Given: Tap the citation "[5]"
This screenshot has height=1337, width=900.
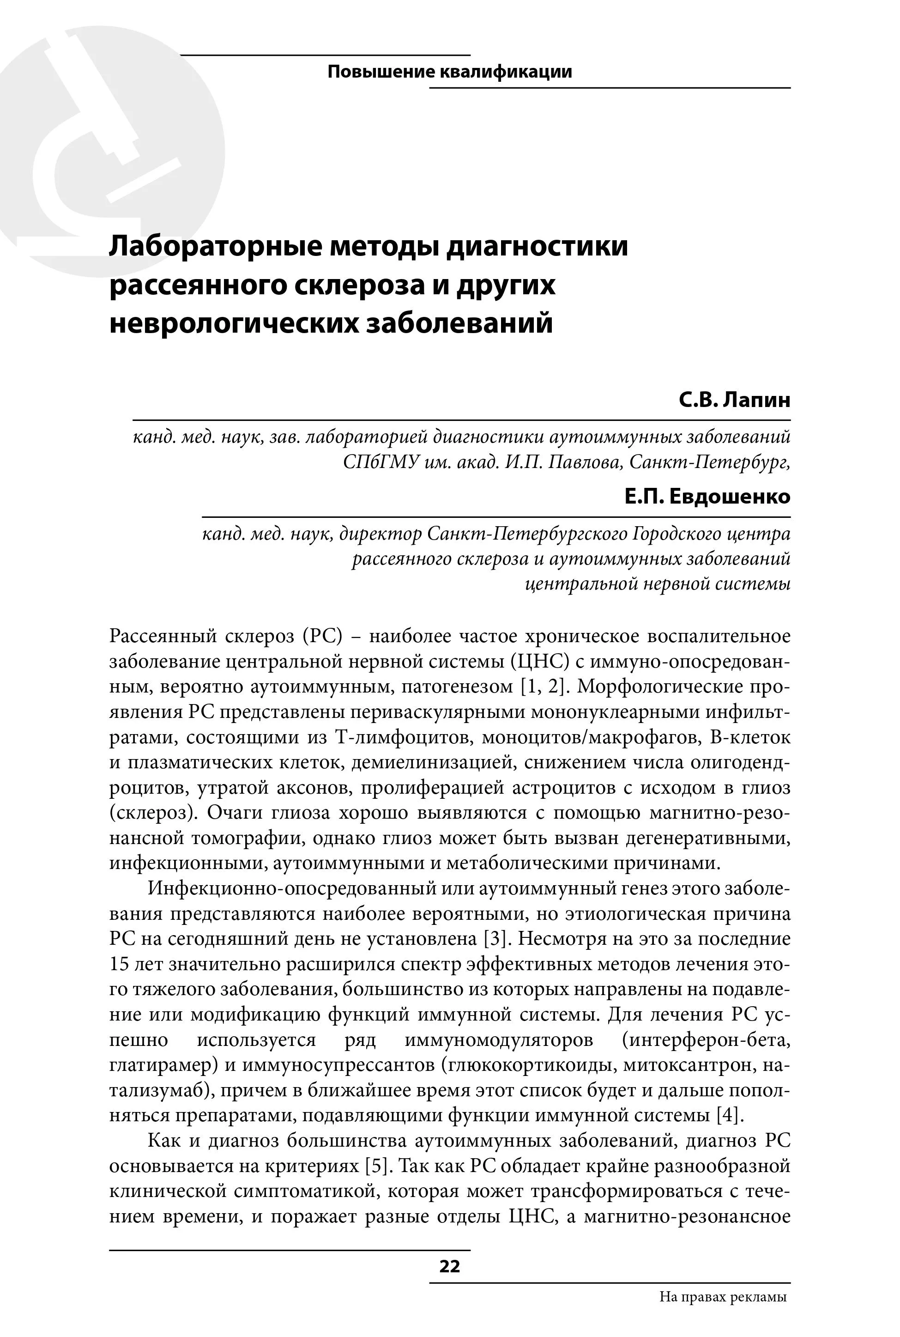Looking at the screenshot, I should tap(376, 1166).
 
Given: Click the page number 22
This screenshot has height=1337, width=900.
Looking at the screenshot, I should tap(449, 1266).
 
